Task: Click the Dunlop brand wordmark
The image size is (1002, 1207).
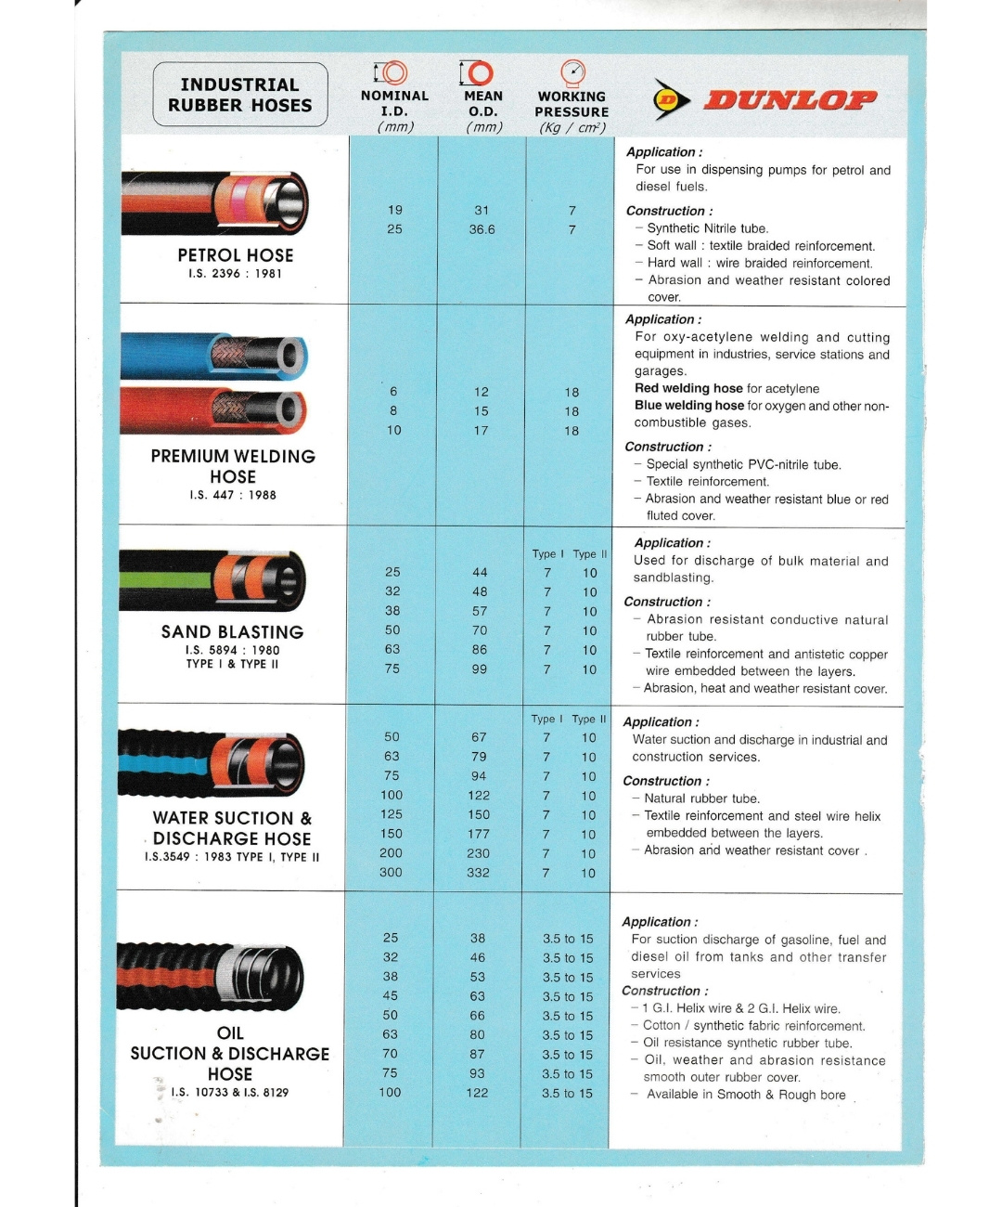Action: tap(790, 99)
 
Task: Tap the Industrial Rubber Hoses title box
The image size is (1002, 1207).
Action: tap(240, 95)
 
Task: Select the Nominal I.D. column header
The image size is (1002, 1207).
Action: tap(394, 103)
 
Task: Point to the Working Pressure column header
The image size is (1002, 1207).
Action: tap(572, 104)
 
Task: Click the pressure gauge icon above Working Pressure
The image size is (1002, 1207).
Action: tap(573, 72)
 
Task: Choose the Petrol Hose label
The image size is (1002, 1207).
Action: tap(236, 255)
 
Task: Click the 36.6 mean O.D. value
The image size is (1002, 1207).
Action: tap(482, 229)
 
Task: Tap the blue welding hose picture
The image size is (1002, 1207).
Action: tap(214, 356)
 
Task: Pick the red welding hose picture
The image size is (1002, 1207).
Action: tap(214, 409)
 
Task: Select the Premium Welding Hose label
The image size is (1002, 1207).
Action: tap(233, 466)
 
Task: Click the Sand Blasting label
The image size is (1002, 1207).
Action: tap(233, 631)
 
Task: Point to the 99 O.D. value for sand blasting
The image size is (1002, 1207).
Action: tap(479, 669)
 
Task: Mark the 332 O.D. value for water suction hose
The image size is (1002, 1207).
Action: tap(478, 873)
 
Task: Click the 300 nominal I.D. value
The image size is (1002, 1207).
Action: tap(391, 873)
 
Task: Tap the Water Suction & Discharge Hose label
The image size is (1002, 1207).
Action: tap(232, 828)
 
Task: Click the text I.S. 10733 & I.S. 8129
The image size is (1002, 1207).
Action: tap(229, 1093)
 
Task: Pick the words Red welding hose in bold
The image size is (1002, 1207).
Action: tap(688, 388)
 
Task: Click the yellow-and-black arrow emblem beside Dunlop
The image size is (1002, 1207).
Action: tap(671, 99)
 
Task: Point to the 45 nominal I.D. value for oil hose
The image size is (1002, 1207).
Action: tap(391, 996)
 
